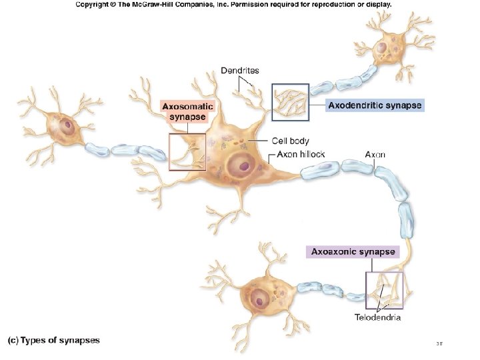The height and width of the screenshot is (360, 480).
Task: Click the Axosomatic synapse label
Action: (188, 111)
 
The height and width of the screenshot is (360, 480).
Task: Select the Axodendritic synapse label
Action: (375, 105)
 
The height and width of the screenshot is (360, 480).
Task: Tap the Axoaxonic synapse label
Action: (353, 252)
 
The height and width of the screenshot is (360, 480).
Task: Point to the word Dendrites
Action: (240, 70)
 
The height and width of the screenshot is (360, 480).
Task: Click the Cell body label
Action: (290, 141)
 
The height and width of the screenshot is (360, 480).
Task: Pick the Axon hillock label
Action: (301, 155)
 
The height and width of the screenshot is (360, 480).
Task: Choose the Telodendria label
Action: (377, 317)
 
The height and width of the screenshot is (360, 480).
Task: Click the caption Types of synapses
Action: (53, 340)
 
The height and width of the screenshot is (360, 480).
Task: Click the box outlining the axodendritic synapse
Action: (291, 101)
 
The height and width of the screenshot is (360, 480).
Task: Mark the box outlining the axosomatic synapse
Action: (187, 152)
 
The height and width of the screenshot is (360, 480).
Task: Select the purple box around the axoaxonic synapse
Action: (385, 291)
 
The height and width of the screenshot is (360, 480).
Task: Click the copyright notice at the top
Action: (233, 4)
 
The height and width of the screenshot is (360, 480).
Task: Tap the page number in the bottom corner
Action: (439, 344)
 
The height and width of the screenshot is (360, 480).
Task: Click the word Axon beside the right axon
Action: (375, 155)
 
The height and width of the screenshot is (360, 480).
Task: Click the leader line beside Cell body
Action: (260, 141)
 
